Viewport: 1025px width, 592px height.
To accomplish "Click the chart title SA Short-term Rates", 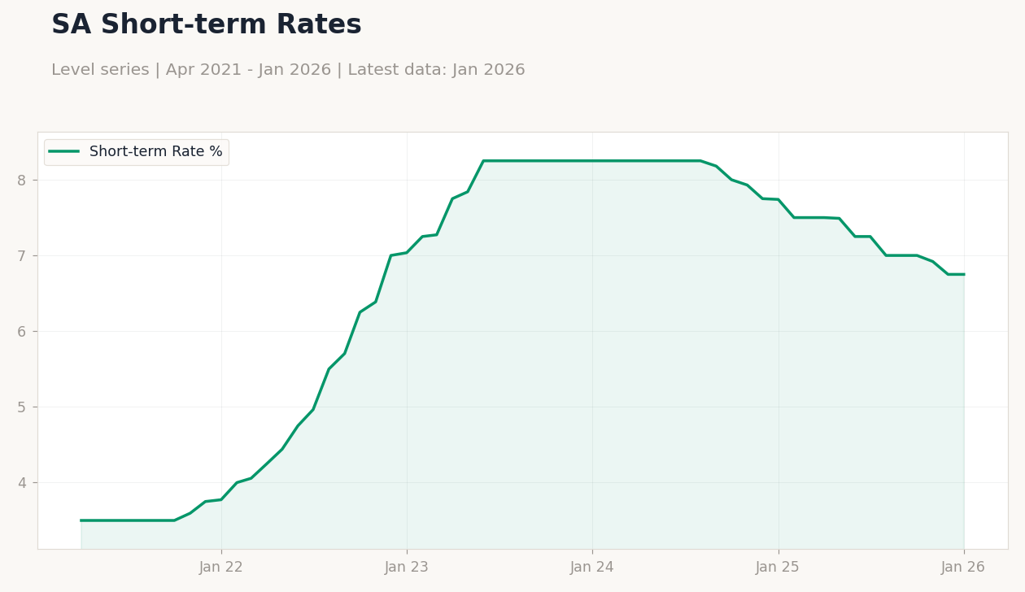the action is pos(207,24).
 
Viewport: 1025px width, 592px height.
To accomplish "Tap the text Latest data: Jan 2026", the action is pos(436,70).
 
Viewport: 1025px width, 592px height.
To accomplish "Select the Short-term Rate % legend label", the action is pos(155,151).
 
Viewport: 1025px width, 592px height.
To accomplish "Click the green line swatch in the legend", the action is pos(64,151).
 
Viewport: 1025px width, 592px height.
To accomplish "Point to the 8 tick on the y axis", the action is pos(21,181).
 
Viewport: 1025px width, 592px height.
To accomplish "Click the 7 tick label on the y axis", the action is pos(21,255).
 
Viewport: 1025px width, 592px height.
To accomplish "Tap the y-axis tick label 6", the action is pos(21,331).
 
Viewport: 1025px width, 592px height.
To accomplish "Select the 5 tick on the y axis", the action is pos(21,407).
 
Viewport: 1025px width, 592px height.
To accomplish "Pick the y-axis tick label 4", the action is pos(21,483).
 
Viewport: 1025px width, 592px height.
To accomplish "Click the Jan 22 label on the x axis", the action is pos(221,568).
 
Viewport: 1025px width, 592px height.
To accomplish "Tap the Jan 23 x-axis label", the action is pos(407,568).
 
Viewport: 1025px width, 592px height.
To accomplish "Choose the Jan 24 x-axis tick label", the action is pos(592,568).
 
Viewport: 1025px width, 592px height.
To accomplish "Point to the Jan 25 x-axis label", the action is pos(778,568).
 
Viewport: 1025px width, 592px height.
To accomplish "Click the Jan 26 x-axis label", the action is pos(963,568).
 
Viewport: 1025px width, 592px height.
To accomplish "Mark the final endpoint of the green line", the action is pos(964,275).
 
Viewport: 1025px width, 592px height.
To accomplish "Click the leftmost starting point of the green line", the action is pos(81,520).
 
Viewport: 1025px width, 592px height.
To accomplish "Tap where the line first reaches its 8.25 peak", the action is pos(483,161).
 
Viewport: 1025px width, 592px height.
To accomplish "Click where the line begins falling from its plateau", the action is pos(700,161).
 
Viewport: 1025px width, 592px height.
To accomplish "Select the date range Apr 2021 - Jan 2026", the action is pos(248,70).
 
